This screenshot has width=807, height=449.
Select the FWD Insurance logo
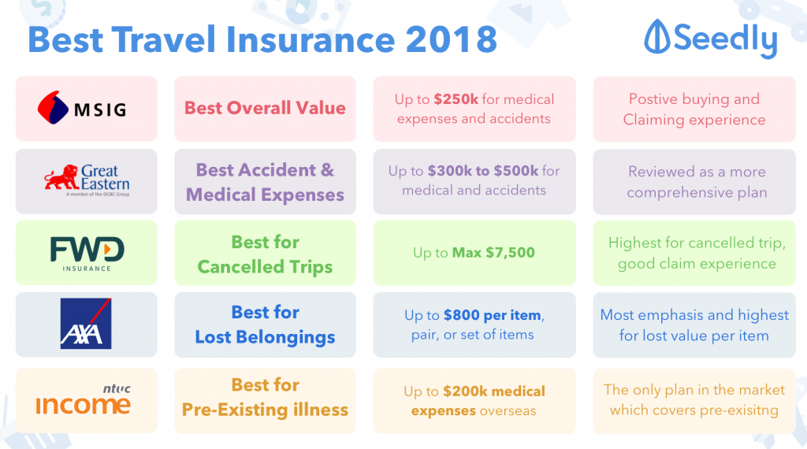coord(87,253)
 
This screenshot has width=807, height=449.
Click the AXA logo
coord(86,323)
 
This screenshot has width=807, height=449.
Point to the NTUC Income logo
coord(83,400)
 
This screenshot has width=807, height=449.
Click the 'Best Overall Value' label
coord(265,108)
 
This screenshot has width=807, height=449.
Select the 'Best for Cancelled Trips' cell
coord(265,254)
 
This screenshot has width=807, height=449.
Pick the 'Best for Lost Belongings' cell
coord(265,325)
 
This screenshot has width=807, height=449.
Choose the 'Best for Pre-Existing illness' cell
coord(265,398)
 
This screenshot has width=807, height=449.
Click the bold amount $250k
coord(453,99)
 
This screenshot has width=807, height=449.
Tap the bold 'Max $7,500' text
coord(493,253)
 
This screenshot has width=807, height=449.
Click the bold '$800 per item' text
coord(493,315)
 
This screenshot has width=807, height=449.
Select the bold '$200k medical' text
coord(494,391)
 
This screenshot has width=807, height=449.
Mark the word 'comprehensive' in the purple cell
coord(675,192)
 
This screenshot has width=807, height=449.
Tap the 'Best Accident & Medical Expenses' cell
coord(265,182)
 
